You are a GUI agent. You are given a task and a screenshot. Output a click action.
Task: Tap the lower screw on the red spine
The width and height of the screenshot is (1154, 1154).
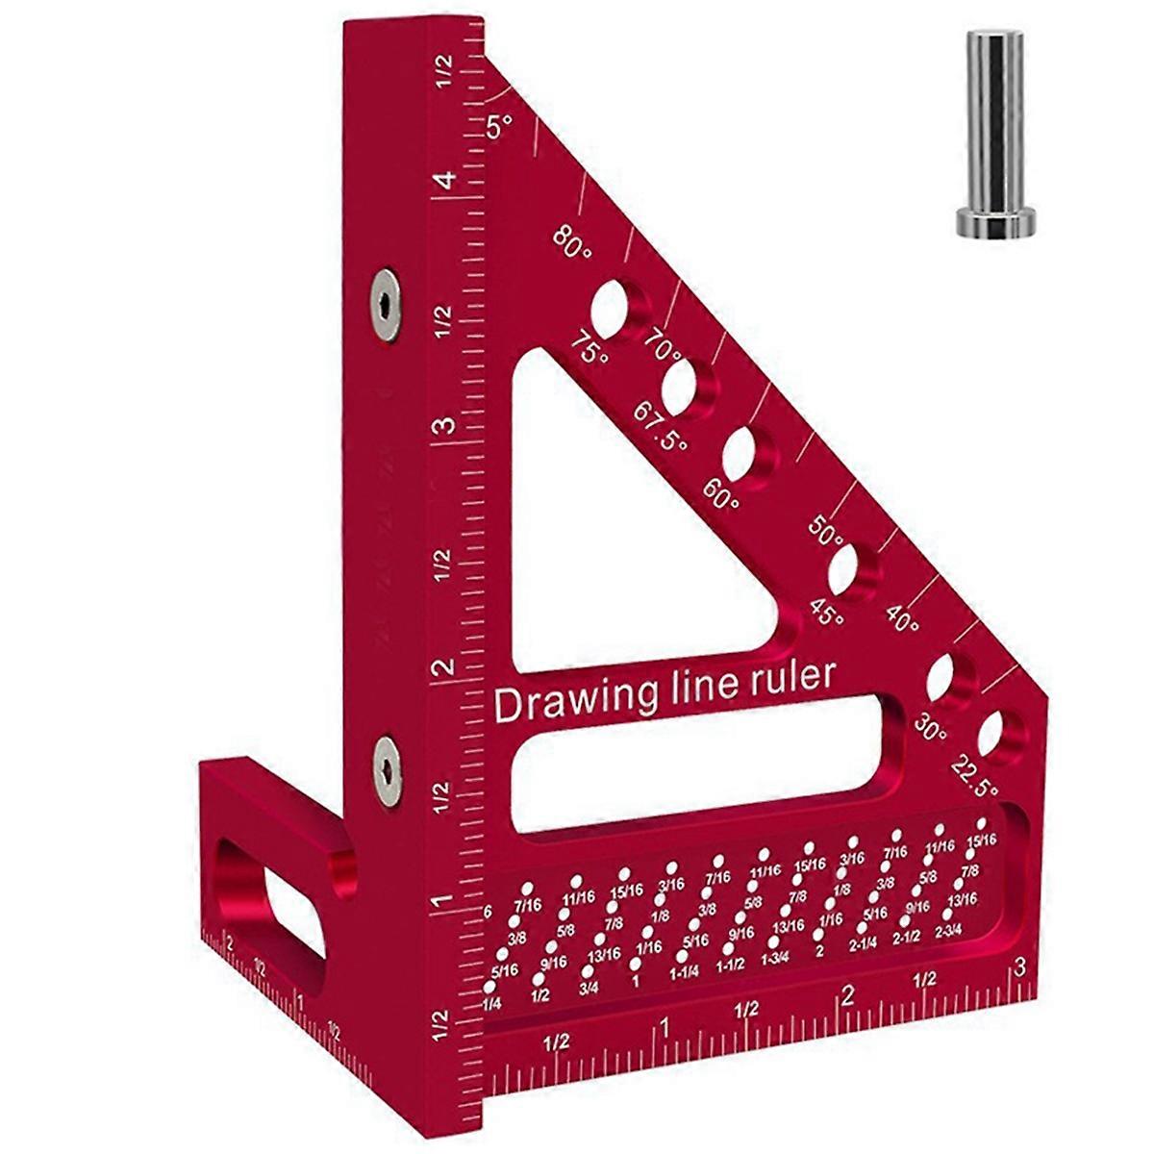pyautogui.click(x=386, y=769)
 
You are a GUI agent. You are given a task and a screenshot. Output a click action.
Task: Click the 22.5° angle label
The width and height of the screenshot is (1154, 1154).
pyautogui.click(x=975, y=777)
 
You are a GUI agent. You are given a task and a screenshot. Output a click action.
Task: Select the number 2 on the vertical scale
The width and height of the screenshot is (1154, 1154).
pyautogui.click(x=444, y=668)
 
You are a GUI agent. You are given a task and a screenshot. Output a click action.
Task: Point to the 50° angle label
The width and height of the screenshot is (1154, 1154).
pyautogui.click(x=825, y=532)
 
